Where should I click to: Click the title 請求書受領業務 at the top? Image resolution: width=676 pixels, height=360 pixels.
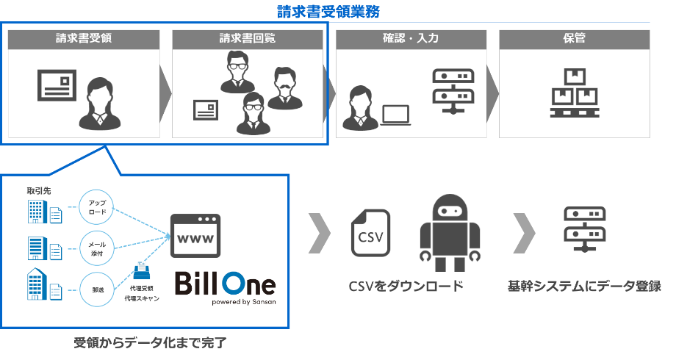328,12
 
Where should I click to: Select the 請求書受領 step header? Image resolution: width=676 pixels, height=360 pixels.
83,39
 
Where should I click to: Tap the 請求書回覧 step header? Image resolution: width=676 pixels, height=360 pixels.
248,39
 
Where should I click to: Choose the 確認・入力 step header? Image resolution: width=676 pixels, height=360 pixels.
411,39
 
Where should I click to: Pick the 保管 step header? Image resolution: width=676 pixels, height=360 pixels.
574,39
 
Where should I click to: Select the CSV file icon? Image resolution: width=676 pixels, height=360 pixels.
370,233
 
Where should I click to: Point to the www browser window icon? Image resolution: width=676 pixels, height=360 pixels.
195,236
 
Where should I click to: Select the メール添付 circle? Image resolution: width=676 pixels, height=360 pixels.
97,248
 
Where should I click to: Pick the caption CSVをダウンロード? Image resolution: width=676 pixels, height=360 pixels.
406,286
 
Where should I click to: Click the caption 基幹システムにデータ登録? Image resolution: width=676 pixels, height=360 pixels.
584,286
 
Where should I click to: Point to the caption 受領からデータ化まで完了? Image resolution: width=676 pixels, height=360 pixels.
146,343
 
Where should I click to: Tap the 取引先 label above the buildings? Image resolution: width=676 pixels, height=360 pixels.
37,191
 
